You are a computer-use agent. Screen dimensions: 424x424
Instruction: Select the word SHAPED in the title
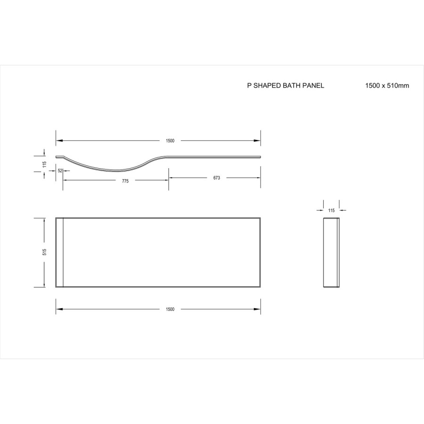point(268,86)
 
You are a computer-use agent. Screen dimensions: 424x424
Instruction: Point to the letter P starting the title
point(249,86)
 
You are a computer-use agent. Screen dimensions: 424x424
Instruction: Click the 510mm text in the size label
point(399,86)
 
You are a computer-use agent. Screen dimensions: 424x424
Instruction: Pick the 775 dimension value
point(125,181)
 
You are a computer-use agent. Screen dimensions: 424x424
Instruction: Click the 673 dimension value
point(217,178)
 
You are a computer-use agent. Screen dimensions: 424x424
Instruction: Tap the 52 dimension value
point(60,171)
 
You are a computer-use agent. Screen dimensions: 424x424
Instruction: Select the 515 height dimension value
point(44,252)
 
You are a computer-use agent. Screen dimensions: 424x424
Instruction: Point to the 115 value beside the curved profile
point(44,164)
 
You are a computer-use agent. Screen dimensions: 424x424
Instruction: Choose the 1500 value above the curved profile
point(170,140)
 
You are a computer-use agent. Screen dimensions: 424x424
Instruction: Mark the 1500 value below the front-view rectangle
point(170,309)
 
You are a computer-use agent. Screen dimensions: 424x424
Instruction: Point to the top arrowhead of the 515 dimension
point(44,220)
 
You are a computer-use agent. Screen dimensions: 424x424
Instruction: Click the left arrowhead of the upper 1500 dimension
point(59,140)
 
